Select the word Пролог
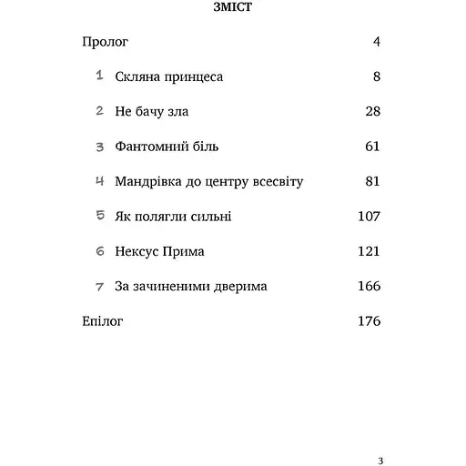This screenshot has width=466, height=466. tap(106, 42)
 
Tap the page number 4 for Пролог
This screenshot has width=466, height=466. tap(376, 42)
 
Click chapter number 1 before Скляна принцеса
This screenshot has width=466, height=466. tap(99, 76)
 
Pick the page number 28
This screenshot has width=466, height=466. tap(370, 112)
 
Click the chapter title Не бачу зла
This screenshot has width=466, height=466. tap(152, 112)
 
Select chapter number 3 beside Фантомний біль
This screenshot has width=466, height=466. tap(99, 147)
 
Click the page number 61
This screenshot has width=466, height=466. tap(370, 147)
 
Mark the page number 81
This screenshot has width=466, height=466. tap(371, 181)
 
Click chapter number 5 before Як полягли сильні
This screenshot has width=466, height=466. tap(99, 216)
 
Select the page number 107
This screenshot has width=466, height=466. tap(367, 217)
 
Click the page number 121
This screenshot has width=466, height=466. tap(367, 251)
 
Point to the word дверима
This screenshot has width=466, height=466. tap(238, 286)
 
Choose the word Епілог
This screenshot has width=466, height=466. tap(102, 321)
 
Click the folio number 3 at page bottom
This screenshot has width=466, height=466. tap(380, 435)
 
